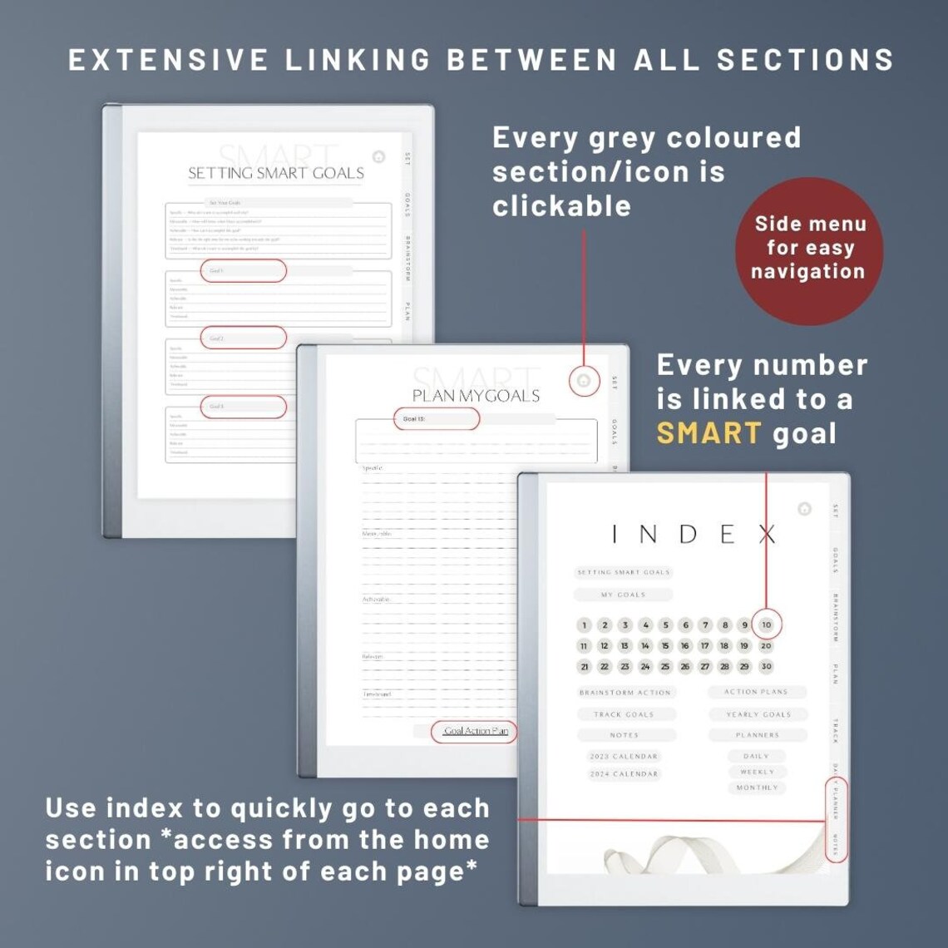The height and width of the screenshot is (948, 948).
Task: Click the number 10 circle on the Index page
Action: click(766, 625)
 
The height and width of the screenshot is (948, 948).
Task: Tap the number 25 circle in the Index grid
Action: click(665, 666)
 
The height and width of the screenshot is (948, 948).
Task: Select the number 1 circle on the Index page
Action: click(585, 625)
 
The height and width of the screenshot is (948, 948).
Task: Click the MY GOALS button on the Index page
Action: click(623, 595)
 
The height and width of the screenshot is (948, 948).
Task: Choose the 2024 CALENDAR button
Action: click(624, 773)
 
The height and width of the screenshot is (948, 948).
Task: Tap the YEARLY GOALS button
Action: click(758, 714)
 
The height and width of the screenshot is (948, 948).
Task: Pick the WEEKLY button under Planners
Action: click(757, 772)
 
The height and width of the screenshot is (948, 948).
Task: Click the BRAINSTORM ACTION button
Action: click(625, 692)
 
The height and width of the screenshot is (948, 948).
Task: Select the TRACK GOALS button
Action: click(625, 714)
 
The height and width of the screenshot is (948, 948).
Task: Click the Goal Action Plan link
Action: click(476, 731)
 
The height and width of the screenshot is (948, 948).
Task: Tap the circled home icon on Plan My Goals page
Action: click(584, 381)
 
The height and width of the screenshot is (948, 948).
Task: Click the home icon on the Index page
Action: click(804, 509)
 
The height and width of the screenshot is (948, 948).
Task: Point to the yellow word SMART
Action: click(709, 432)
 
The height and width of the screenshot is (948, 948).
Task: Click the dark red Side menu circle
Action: click(808, 248)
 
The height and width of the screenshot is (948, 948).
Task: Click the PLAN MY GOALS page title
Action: click(476, 396)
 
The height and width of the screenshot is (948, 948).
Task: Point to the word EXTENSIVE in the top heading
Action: click(168, 60)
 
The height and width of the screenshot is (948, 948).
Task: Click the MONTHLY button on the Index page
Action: click(757, 788)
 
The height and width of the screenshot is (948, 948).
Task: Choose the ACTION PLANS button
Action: click(756, 692)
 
